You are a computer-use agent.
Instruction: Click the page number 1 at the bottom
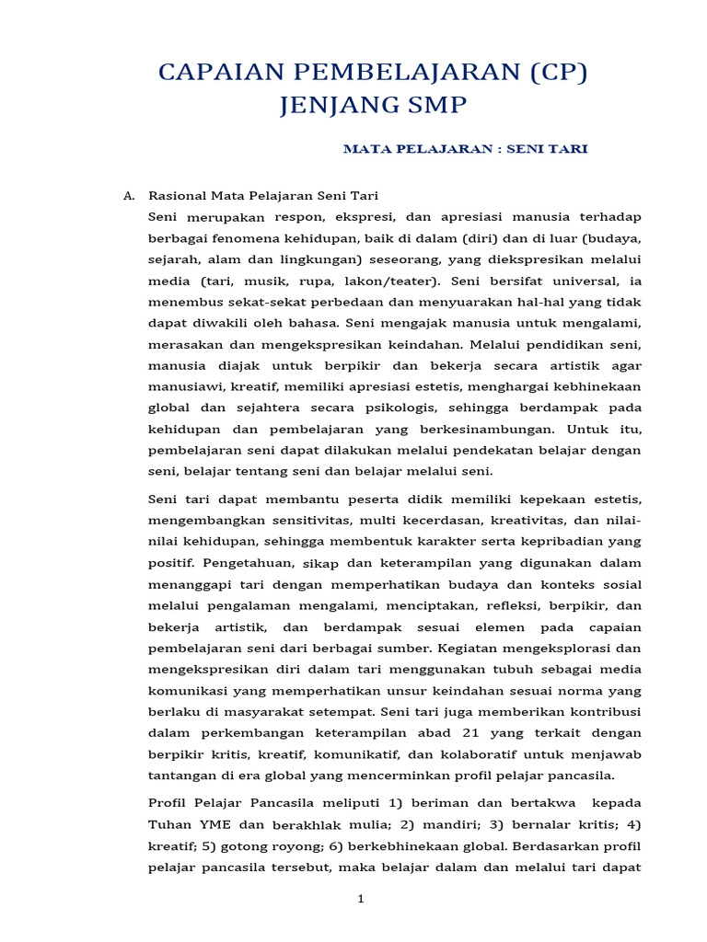(x=362, y=899)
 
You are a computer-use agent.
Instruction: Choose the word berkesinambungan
(x=480, y=428)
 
